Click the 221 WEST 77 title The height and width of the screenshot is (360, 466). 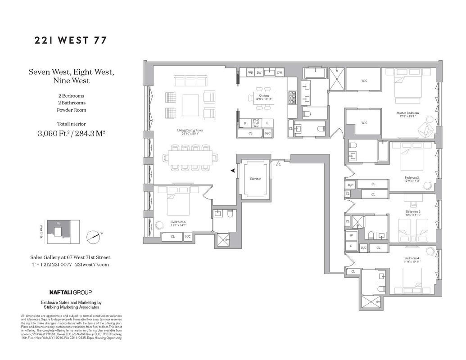71,40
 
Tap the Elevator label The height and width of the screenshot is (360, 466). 255,179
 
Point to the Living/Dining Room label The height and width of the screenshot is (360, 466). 190,130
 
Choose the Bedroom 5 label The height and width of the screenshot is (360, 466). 178,222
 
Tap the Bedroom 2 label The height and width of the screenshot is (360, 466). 412,177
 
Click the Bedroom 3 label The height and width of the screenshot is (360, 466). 412,211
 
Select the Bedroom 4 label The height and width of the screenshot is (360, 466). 412,258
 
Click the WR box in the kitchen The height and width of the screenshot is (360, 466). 250,72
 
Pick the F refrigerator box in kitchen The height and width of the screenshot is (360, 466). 267,122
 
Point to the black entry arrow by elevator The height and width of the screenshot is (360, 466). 232,171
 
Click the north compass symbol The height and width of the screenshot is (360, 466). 95,235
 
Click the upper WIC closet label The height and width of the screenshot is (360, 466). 364,81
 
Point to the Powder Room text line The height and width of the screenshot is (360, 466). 71,110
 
